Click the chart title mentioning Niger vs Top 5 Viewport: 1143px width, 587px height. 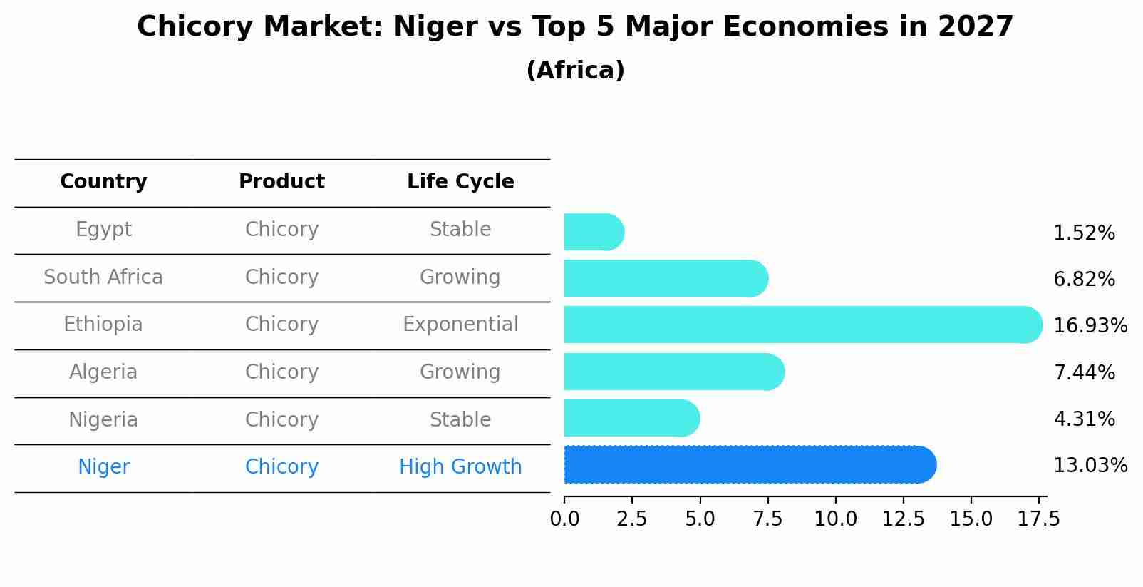[x=574, y=27]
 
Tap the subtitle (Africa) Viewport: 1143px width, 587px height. [x=574, y=71]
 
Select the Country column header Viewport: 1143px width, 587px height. [x=103, y=182]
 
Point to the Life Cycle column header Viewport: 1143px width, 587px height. [x=460, y=182]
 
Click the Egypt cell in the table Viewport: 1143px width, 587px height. [x=103, y=230]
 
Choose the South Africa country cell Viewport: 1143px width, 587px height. [x=103, y=277]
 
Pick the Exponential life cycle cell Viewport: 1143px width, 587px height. [x=460, y=325]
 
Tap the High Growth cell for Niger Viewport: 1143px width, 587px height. [x=460, y=467]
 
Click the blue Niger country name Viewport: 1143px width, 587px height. [x=103, y=467]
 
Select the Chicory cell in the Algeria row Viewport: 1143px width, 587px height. [x=281, y=372]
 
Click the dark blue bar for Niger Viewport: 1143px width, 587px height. [x=748, y=465]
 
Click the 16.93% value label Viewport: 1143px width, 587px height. [x=1090, y=326]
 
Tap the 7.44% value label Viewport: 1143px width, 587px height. [x=1084, y=372]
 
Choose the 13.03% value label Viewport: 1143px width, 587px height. [x=1090, y=466]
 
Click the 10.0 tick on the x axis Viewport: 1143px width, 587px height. [x=835, y=519]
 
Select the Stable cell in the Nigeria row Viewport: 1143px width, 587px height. [x=460, y=420]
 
